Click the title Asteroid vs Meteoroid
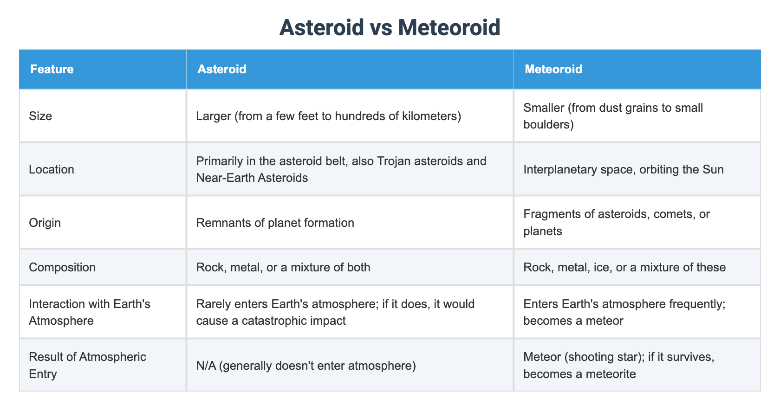[390, 27]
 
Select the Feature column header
[52, 69]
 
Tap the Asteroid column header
[221, 69]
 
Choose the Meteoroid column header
[553, 69]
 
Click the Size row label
[40, 116]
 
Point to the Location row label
[52, 169]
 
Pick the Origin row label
[45, 223]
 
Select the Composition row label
[62, 267]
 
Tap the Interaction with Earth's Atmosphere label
[89, 312]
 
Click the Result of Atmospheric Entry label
[87, 365]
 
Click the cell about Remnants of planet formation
[275, 223]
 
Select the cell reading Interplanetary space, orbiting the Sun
[623, 169]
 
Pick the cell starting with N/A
[305, 366]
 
